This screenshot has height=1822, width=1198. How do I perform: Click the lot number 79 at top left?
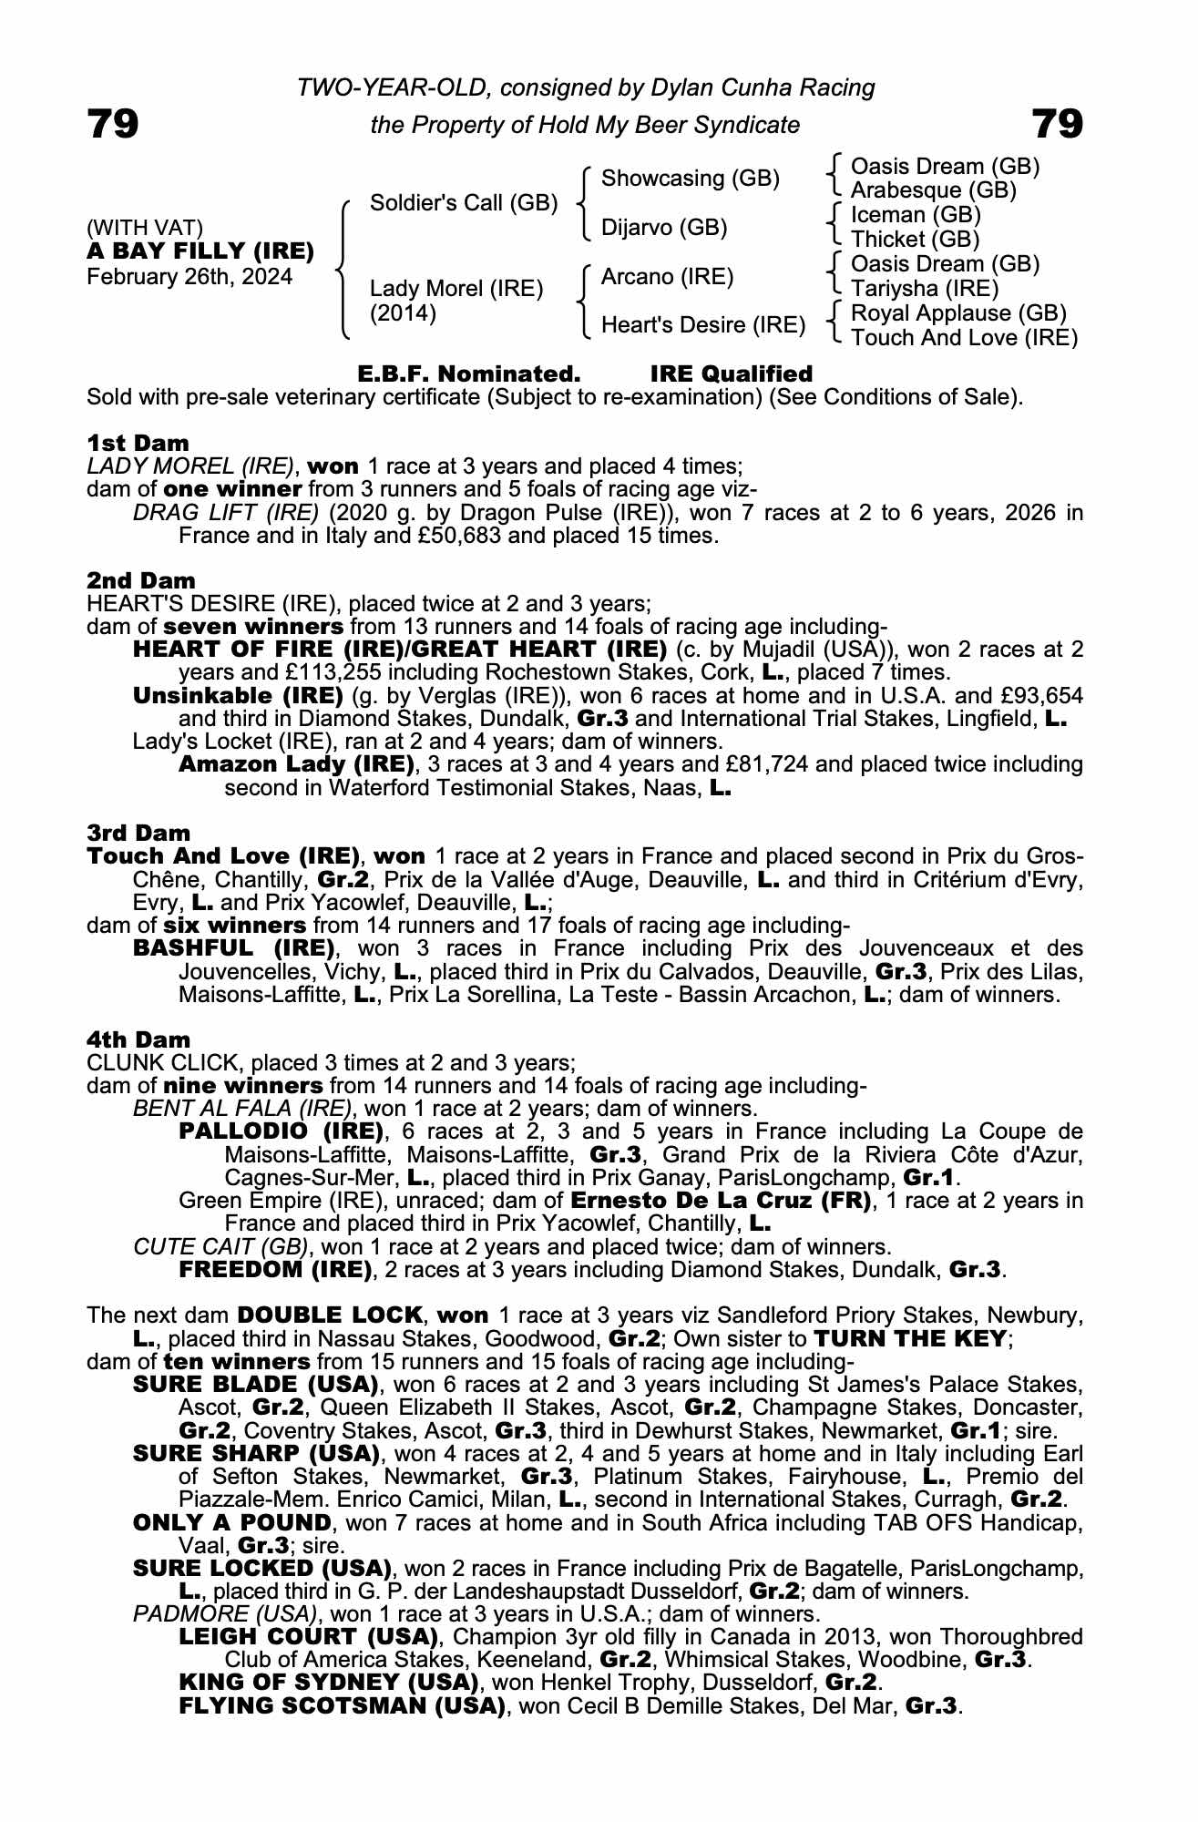point(113,124)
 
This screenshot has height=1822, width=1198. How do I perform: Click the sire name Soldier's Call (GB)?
point(463,202)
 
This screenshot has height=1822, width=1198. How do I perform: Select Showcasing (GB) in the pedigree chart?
point(690,179)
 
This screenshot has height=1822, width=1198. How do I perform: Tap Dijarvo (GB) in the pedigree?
point(663,227)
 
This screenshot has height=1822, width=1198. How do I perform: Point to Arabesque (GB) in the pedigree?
point(933,190)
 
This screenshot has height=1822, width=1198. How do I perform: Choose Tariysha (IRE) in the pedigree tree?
point(924,289)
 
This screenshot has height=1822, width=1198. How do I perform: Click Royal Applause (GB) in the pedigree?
point(957,313)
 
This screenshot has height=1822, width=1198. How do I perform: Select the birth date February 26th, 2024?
point(189,277)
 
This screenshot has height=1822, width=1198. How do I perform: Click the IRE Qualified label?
point(731,374)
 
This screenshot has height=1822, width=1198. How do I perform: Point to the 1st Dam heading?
point(138,444)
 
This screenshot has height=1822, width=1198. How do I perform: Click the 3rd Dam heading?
point(138,833)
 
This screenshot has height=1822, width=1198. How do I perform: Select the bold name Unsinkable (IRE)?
point(237,696)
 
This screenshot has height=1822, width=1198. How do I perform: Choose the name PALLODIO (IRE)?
point(281,1132)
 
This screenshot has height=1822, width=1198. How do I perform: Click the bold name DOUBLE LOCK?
point(330,1315)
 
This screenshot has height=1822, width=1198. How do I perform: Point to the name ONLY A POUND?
point(231,1522)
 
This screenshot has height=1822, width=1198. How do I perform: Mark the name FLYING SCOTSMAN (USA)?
point(342,1706)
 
